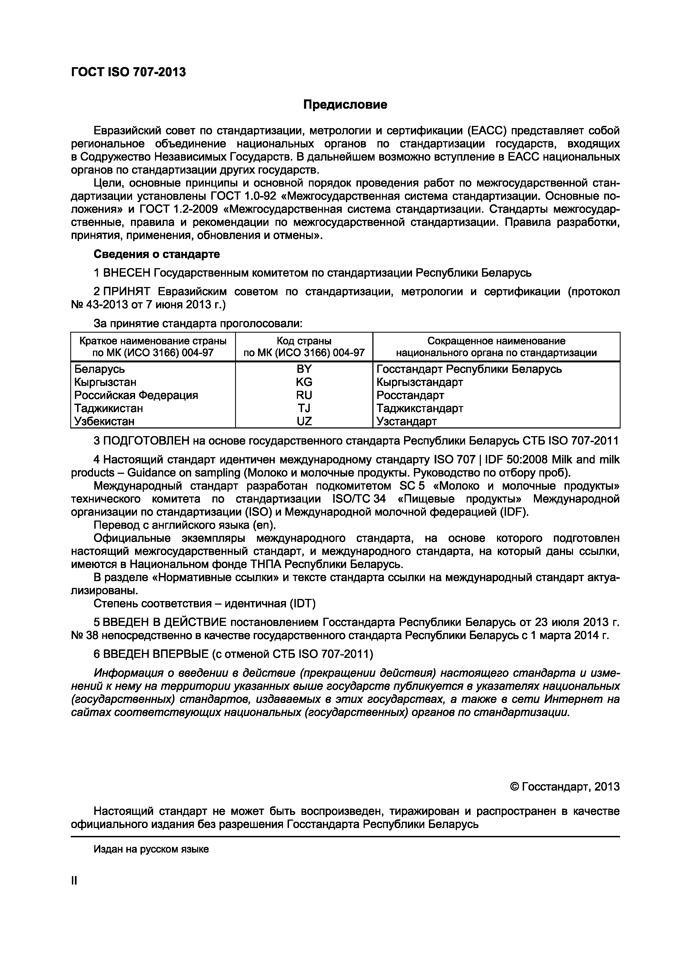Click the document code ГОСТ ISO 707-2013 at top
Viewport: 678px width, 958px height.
point(128,73)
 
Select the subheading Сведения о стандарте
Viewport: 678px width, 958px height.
point(157,254)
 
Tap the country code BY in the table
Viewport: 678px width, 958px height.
point(304,369)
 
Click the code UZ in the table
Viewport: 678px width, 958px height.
point(304,421)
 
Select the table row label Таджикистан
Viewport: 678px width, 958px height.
point(109,408)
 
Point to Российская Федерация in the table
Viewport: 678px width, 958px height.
point(136,395)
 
